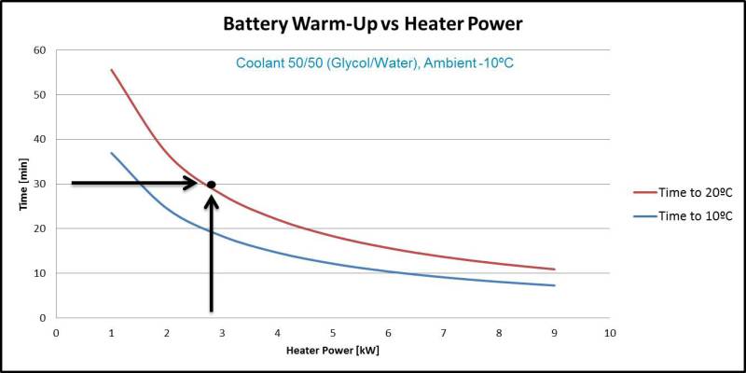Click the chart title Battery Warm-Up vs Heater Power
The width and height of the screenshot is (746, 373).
point(373,24)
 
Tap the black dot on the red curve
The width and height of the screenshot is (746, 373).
point(212,185)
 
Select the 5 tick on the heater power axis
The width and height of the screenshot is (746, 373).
point(333,334)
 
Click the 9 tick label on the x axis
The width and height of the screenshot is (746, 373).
point(554,334)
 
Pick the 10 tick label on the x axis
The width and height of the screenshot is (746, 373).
point(610,334)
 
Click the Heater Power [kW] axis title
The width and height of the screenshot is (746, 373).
point(333,352)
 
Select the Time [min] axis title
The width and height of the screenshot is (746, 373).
point(22,184)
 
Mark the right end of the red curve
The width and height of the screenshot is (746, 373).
point(555,269)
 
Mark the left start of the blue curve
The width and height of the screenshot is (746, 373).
point(111,153)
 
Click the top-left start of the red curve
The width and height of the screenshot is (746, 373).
point(111,69)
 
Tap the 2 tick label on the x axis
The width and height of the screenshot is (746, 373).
point(167,334)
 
